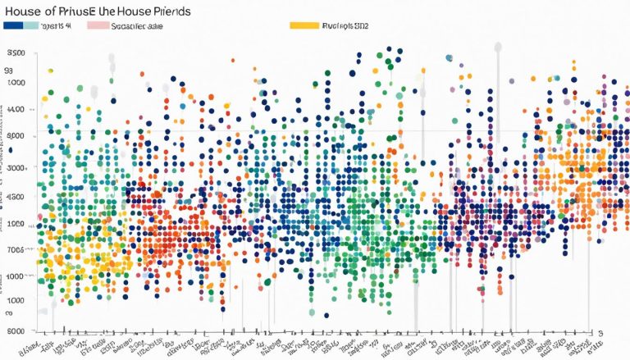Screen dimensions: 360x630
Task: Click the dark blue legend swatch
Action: tap(13, 25)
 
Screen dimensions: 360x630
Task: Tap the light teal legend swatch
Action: tap(31, 25)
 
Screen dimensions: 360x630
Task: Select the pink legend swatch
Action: tap(98, 25)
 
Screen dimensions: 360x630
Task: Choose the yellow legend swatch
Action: tap(304, 25)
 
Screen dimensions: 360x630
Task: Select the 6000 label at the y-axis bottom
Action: tap(16, 330)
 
